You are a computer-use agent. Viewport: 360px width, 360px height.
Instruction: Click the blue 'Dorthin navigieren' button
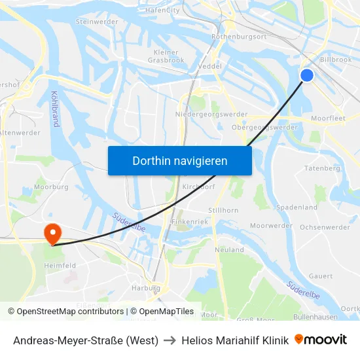179,160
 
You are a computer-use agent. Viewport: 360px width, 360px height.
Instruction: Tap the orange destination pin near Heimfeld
51,233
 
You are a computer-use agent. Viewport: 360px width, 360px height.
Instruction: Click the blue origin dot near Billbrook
306,75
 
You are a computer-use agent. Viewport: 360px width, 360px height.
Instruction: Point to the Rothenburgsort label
239,37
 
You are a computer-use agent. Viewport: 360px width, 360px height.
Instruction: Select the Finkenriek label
189,222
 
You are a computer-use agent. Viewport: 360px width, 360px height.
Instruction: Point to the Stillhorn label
223,210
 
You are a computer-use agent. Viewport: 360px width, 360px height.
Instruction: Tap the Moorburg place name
51,187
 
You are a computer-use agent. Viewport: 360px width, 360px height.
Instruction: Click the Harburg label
146,287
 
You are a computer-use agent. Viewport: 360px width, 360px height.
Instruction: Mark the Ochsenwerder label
325,227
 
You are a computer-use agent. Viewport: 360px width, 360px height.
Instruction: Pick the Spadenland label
297,207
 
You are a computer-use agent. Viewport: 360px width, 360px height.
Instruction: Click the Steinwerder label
97,22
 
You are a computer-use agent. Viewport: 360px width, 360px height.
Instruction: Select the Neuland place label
229,249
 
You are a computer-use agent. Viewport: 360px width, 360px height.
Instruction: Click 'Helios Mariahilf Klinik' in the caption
235,340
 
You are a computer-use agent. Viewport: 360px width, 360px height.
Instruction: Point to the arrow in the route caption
170,340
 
